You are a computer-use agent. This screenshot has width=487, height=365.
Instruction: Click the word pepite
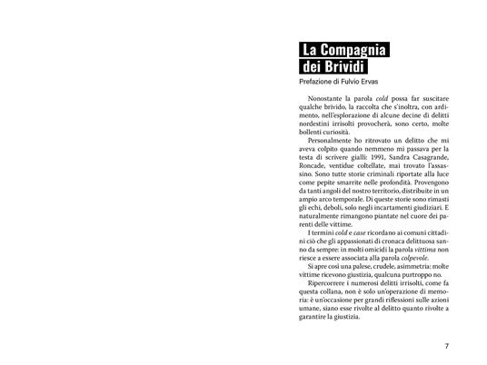coord(329,184)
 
